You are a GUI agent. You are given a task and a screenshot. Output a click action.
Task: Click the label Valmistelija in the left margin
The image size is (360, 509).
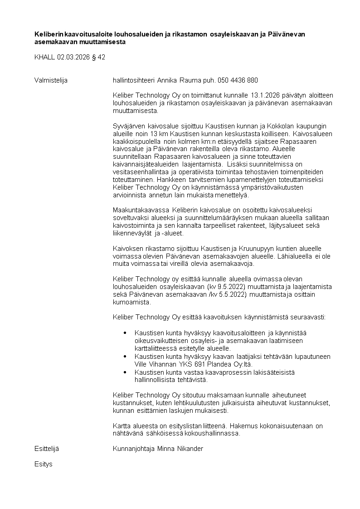coord(51,80)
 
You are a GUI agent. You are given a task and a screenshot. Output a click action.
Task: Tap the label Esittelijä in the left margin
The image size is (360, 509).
coord(47,449)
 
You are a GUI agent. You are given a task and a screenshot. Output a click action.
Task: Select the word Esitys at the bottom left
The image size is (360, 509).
coord(44,464)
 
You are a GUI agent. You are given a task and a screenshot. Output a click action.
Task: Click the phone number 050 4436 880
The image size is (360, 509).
coord(238,80)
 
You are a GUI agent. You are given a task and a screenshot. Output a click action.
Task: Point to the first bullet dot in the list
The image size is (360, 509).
coord(125,333)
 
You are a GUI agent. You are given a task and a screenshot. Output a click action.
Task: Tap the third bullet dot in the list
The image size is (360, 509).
coord(125,372)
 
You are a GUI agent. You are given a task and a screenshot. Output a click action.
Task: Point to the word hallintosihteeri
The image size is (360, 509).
coord(133,80)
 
